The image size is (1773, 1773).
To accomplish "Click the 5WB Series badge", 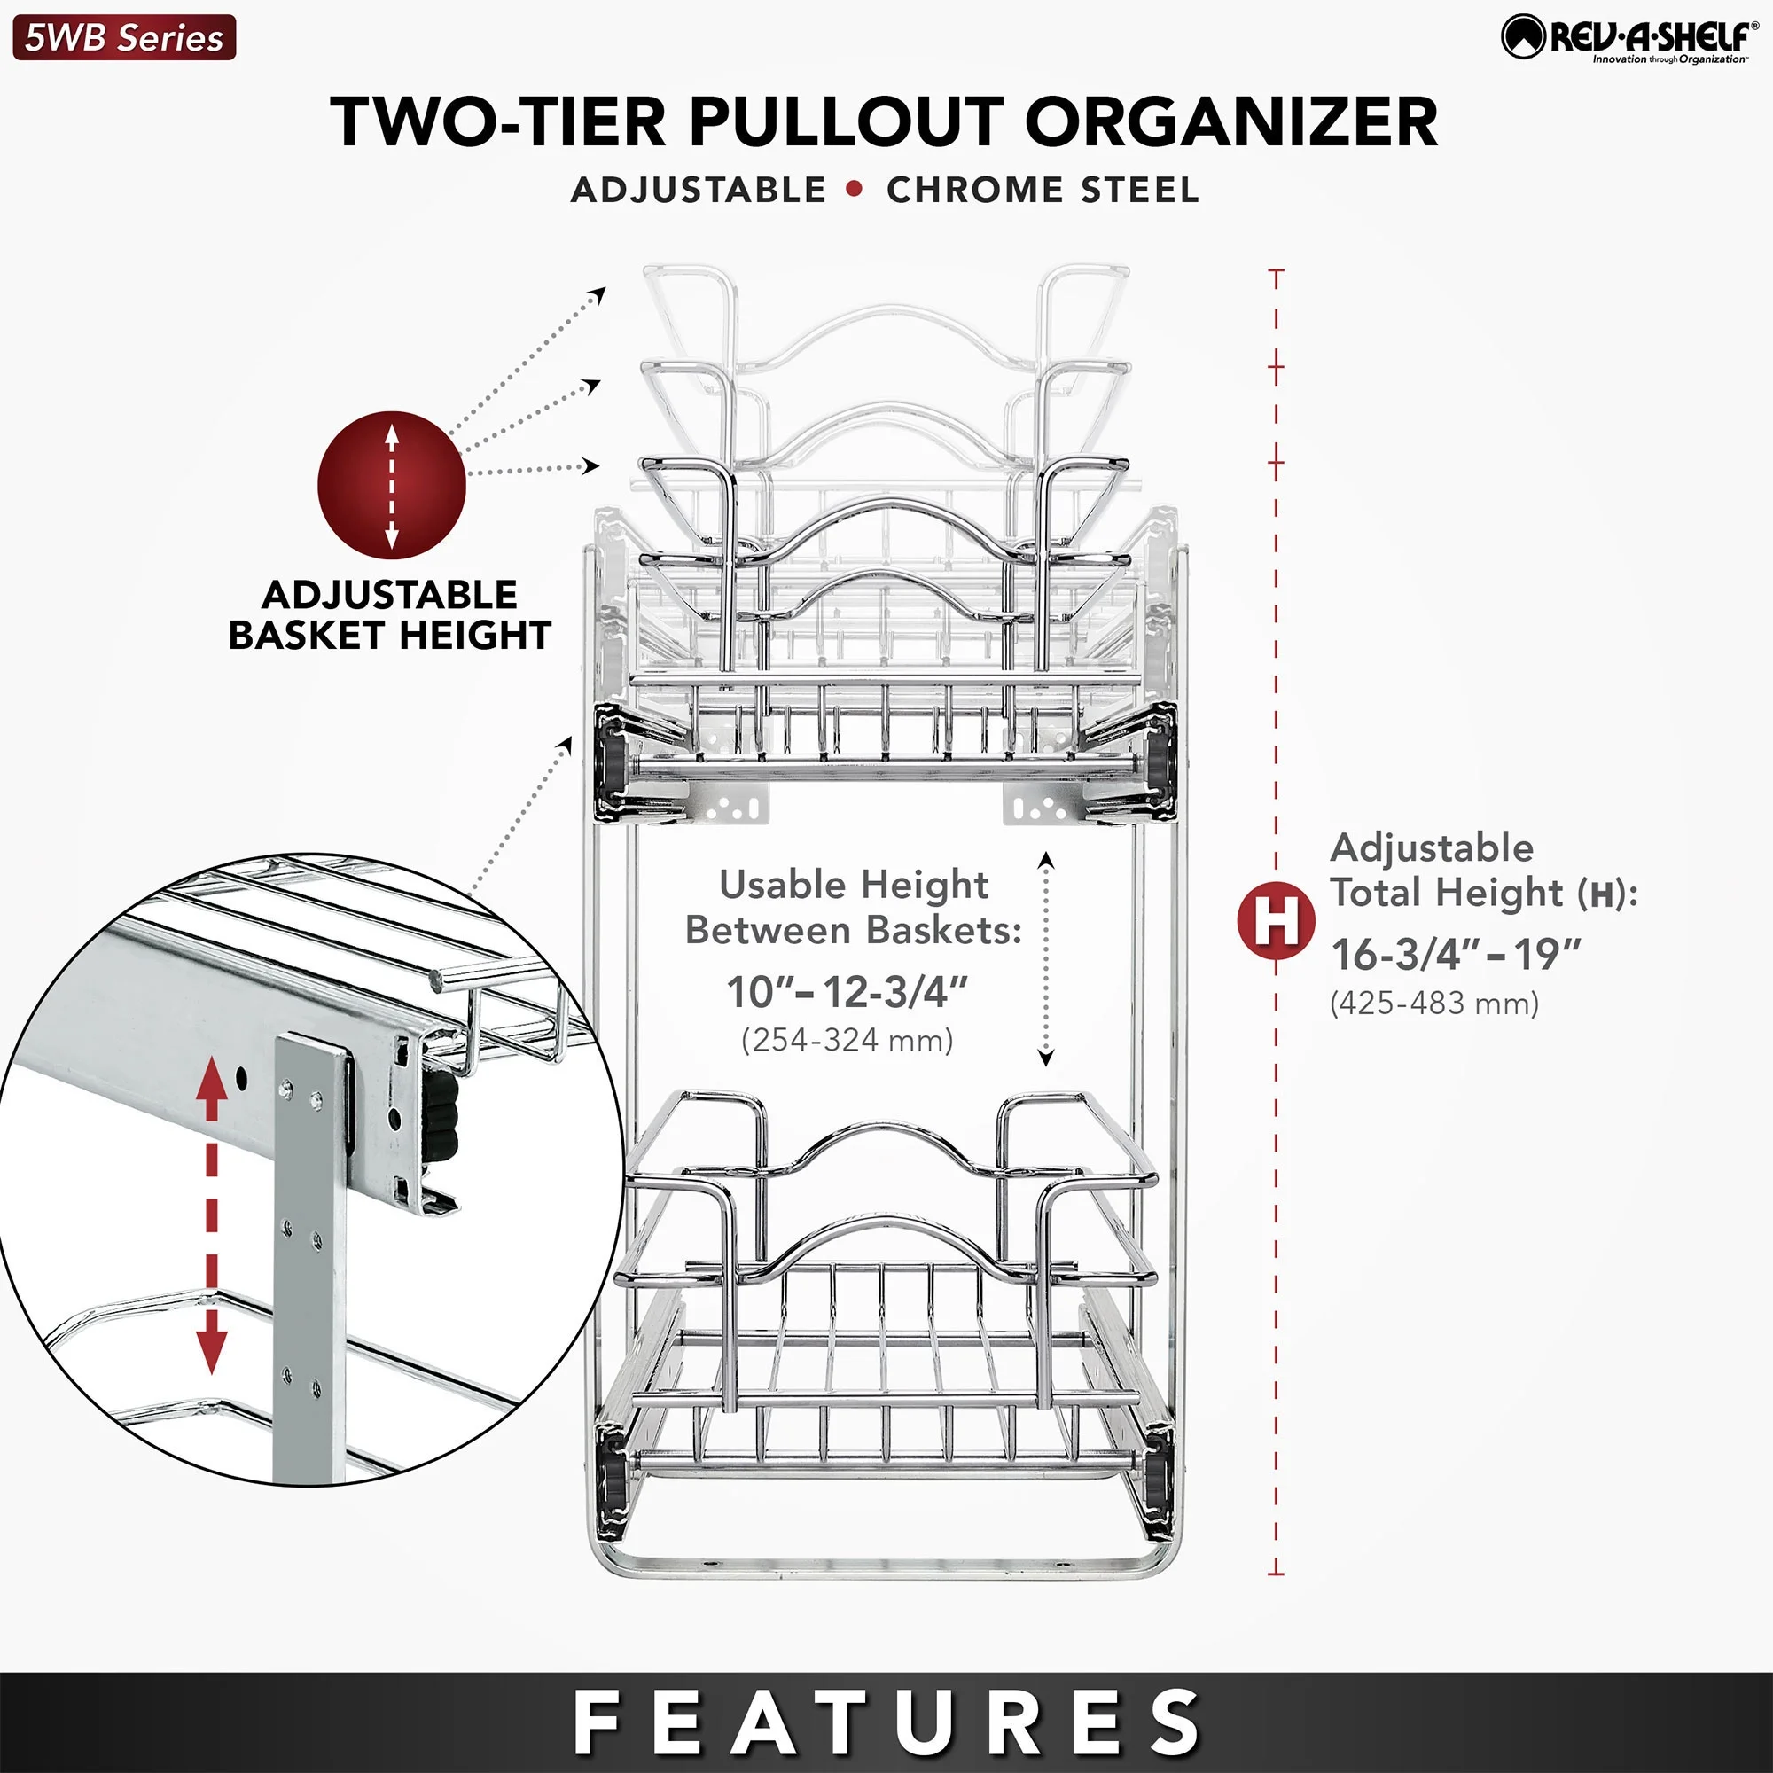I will click(124, 37).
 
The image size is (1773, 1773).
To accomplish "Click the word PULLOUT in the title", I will click(845, 121).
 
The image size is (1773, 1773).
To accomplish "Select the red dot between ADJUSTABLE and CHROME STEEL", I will click(855, 189).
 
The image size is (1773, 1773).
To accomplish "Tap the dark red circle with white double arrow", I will click(392, 486).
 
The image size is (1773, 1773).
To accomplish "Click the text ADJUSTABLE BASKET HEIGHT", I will click(390, 615).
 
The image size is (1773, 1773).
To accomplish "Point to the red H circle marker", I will click(1276, 919).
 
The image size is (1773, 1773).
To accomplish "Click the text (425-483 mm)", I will click(1433, 1003).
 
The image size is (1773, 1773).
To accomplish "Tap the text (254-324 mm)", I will click(847, 1040).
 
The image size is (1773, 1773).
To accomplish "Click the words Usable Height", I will click(854, 885).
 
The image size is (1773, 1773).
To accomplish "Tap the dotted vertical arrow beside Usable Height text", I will click(1045, 959).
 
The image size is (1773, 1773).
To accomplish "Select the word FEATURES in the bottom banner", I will click(886, 1723).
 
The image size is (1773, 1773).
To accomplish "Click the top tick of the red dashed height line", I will click(1276, 271).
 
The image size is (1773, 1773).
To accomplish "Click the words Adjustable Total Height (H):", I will click(1482, 870).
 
